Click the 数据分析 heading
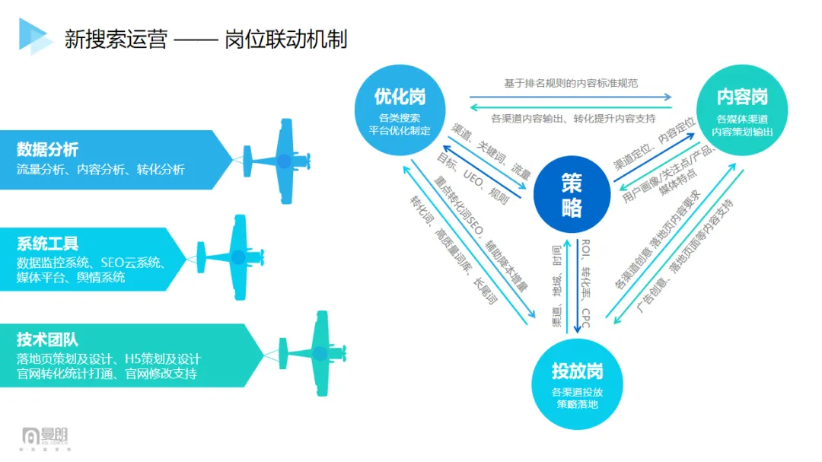(47, 149)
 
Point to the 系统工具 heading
(47, 244)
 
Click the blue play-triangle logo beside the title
(34, 36)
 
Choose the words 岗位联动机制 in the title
(286, 38)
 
